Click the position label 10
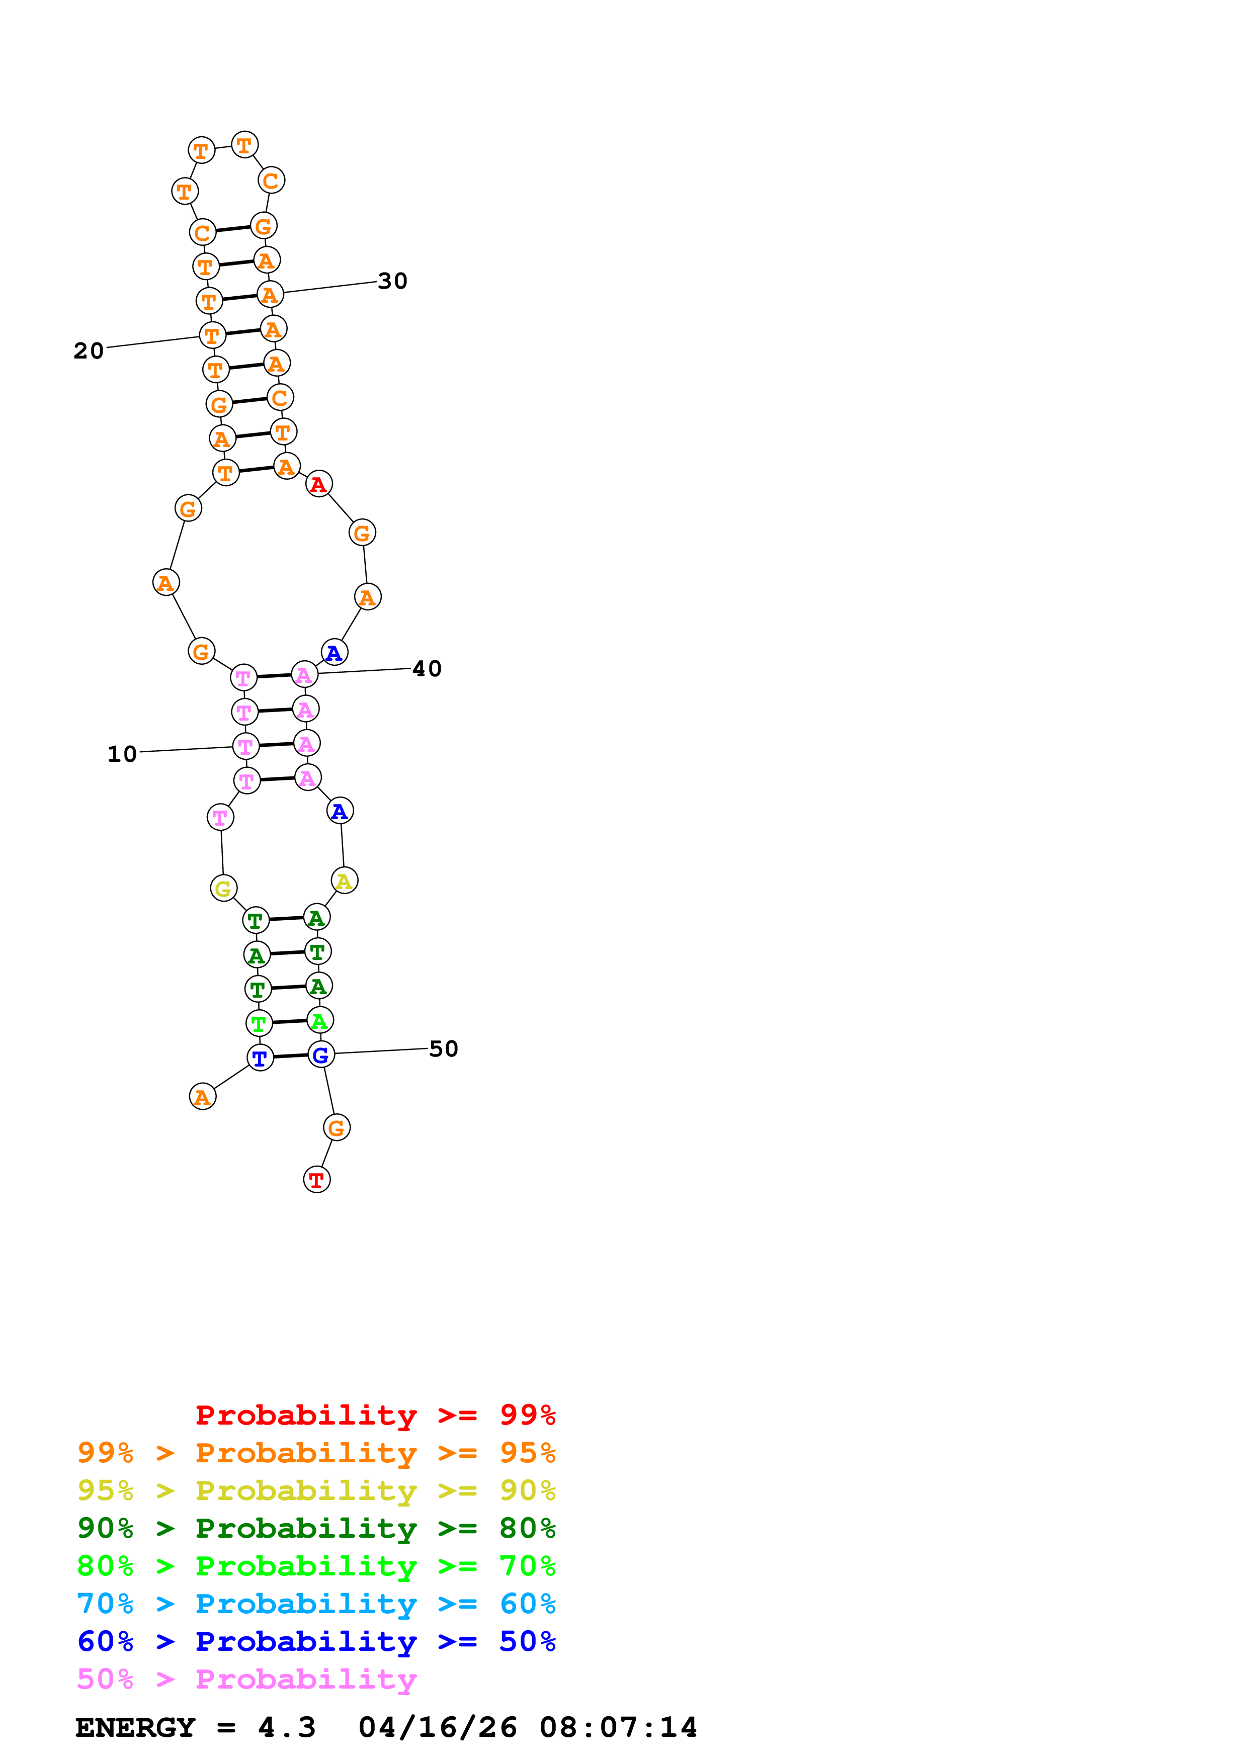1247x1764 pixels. coord(121,754)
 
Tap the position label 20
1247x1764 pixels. coord(89,350)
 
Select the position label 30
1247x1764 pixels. coord(393,281)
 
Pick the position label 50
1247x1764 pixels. coord(443,1049)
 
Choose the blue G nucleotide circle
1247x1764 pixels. coord(321,1055)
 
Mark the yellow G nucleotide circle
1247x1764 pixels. coord(223,888)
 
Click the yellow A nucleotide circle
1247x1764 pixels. coord(344,880)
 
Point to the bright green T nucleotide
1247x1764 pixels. coord(259,1023)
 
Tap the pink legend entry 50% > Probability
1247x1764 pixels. coord(246,1680)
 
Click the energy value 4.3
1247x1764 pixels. coord(287,1728)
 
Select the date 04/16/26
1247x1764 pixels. coord(437,1728)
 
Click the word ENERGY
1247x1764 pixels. coord(135,1728)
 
